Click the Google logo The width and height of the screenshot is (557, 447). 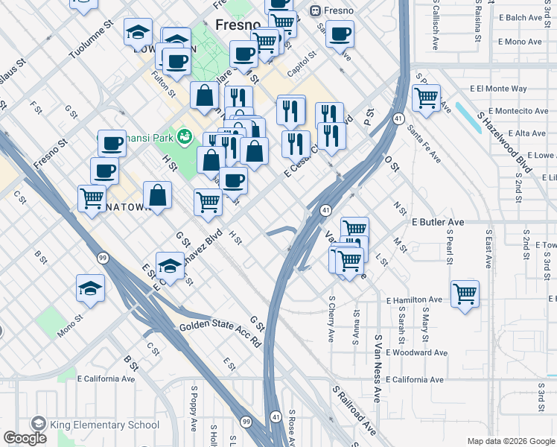(25, 438)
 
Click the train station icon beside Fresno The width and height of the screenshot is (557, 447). (315, 11)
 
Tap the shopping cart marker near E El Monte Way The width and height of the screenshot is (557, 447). (426, 97)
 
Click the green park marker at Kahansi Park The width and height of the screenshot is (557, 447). (185, 138)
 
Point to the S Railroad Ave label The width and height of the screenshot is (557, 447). (354, 410)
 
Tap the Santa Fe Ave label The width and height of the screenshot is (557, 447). (424, 143)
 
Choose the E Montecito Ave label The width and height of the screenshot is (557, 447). (510, 111)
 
